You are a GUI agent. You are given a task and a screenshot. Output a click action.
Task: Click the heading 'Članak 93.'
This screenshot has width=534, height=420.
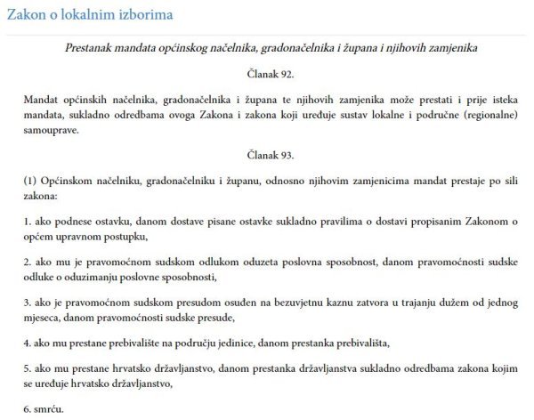267,155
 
